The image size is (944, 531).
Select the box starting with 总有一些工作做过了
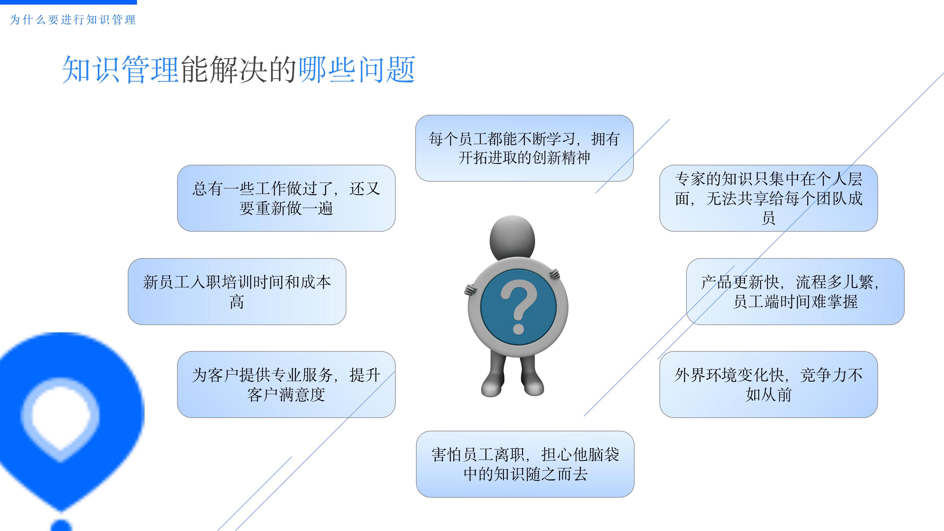286,198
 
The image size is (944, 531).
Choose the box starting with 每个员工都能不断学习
524,148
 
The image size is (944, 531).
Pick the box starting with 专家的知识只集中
768,198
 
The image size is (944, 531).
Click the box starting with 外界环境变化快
768,384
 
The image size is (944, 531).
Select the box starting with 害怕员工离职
525,464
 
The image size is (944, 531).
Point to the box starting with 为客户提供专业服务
286,384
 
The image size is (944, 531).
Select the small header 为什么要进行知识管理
72,20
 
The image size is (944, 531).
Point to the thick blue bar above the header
68,2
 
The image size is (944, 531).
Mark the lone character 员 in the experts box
768,218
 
